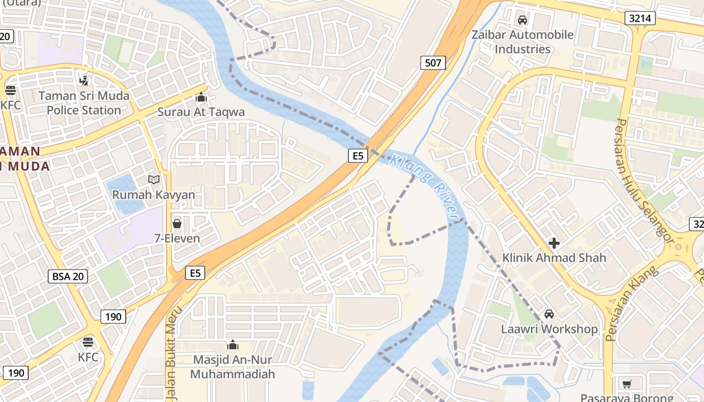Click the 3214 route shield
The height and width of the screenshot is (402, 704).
[x=640, y=19]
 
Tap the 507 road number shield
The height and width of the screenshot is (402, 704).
[x=432, y=63]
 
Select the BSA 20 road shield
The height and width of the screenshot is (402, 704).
[x=69, y=276]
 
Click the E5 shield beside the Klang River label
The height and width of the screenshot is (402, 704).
[x=358, y=156]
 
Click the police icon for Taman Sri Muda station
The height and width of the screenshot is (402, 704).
[x=84, y=80]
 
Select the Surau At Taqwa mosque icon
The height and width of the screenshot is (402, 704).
[x=201, y=97]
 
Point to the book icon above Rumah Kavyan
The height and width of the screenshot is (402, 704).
[x=153, y=179]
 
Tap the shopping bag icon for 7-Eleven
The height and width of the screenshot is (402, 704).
[x=177, y=223]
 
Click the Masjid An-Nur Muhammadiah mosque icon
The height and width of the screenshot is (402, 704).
[x=232, y=345]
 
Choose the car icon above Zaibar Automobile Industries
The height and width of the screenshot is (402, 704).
[x=522, y=20]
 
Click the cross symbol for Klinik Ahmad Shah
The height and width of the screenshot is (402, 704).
[x=554, y=243]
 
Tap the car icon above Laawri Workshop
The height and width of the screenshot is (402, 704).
[x=549, y=314]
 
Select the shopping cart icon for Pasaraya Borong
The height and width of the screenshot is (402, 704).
[x=627, y=384]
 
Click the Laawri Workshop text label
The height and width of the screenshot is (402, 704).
[x=549, y=329]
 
